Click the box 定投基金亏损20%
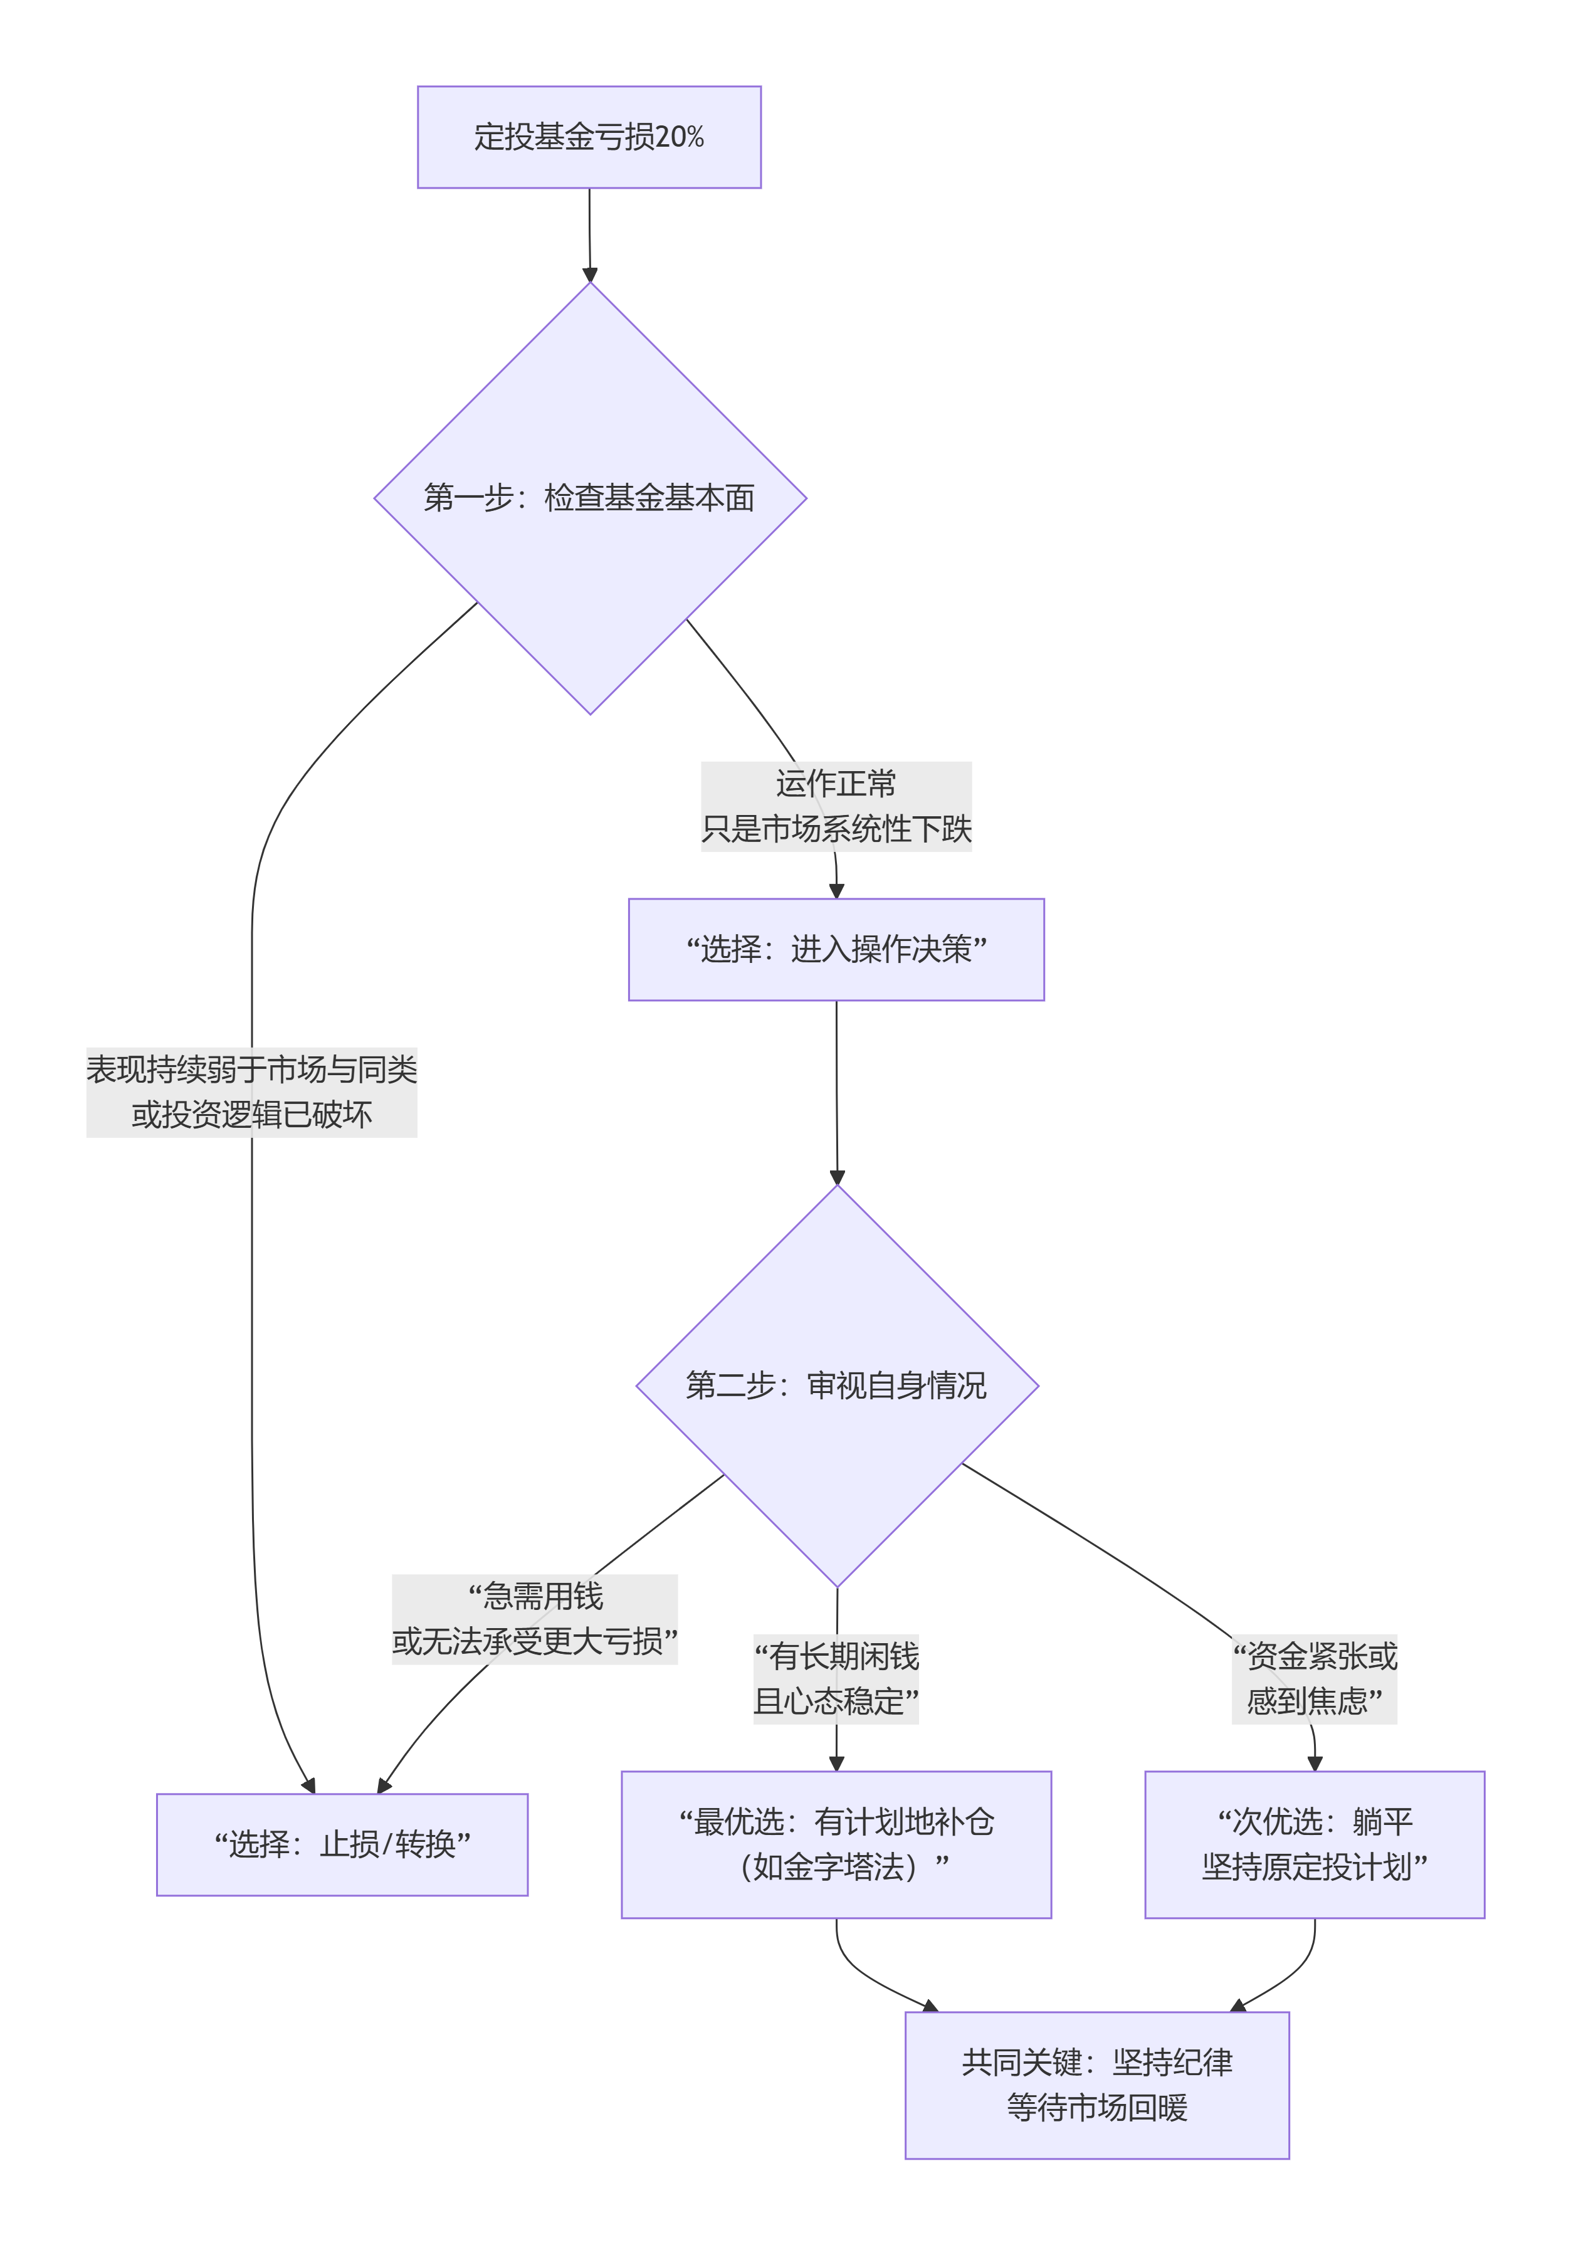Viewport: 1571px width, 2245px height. pos(589,137)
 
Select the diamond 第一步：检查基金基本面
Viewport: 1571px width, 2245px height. pos(589,498)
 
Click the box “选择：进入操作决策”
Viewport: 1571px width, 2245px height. pos(836,949)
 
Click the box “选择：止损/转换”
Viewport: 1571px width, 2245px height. pos(342,1844)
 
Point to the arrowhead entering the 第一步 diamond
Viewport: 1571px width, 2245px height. pos(589,274)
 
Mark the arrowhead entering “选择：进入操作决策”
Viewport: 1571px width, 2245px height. pos(836,890)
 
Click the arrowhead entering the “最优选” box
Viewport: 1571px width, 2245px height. pos(836,1763)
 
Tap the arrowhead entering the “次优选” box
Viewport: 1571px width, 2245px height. pos(1314,1763)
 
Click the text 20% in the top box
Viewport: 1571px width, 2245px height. pos(680,137)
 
